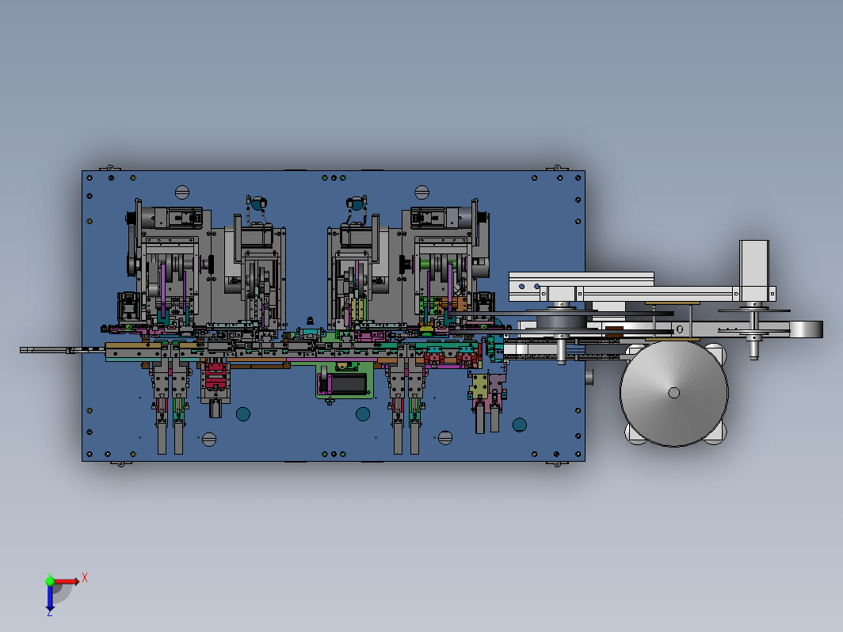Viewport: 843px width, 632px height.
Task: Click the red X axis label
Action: (85, 578)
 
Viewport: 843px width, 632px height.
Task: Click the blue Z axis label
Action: (49, 612)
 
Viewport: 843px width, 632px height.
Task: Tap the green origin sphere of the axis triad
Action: (50, 581)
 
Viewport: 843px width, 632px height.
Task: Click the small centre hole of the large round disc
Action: (673, 393)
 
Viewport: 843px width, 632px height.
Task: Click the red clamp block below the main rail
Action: (216, 375)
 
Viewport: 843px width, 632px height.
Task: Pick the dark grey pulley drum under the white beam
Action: (561, 322)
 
